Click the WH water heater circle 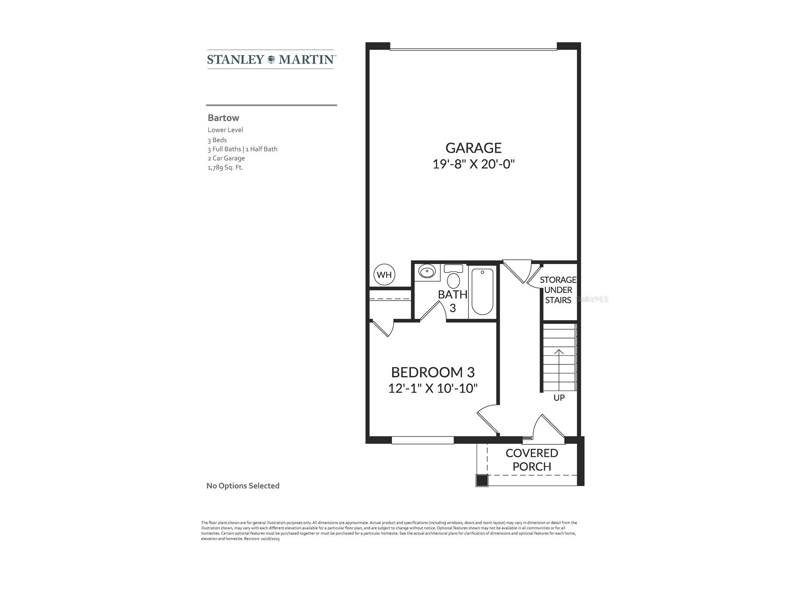tap(384, 275)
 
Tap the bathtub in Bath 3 tap(482, 292)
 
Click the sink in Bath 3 tap(427, 272)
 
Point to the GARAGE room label tap(473, 148)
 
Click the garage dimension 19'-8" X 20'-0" tap(473, 164)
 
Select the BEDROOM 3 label tap(433, 372)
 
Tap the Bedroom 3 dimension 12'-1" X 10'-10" tap(433, 389)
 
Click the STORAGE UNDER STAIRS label tap(558, 290)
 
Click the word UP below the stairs tap(559, 398)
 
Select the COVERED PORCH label tap(532, 460)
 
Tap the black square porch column tap(482, 480)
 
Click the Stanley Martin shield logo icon tap(271, 60)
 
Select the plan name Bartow tap(223, 118)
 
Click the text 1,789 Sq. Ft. tap(225, 167)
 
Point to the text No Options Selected tap(243, 486)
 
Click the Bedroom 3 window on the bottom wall tap(422, 440)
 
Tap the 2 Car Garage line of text tap(226, 158)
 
